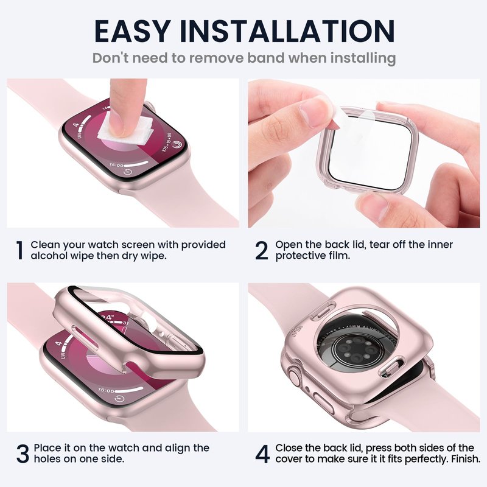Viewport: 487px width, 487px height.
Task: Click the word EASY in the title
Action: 133,31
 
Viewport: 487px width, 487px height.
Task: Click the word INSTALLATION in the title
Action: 287,31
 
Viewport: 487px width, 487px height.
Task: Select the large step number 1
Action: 20,250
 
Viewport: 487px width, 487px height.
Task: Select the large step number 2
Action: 262,250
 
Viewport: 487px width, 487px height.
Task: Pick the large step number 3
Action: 23,454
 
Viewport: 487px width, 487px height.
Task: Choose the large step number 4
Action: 262,454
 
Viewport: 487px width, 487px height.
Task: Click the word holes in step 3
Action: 47,459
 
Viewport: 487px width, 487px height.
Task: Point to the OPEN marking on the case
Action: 296,331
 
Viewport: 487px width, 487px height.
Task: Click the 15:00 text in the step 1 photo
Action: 116,166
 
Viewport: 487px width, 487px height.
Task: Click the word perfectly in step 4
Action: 427,460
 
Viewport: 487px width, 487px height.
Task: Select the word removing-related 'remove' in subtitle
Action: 216,58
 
